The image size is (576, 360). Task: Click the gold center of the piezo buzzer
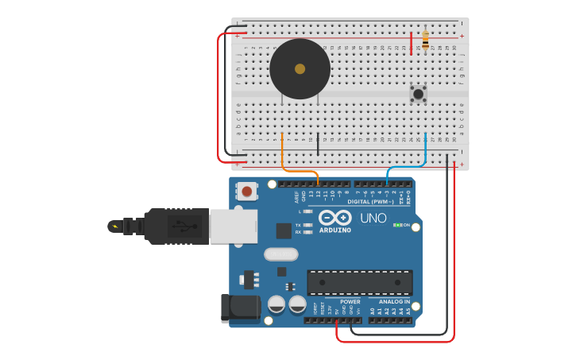click(300, 68)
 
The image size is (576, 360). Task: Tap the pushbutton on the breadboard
click(418, 94)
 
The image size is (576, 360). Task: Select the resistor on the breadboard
click(425, 40)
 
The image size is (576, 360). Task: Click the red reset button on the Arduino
click(248, 191)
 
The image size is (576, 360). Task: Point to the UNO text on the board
click(373, 218)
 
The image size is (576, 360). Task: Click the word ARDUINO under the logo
click(335, 230)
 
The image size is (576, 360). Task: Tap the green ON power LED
click(396, 225)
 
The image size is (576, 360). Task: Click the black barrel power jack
click(239, 308)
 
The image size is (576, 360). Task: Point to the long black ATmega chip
click(359, 282)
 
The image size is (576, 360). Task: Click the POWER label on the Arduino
click(350, 302)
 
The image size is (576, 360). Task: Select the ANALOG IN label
click(394, 302)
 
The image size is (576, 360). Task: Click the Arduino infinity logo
click(334, 218)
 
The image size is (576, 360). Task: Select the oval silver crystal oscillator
click(280, 254)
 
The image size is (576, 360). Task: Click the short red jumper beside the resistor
click(411, 43)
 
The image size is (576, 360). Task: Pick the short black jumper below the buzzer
click(318, 144)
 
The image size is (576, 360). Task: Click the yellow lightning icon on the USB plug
click(115, 226)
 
